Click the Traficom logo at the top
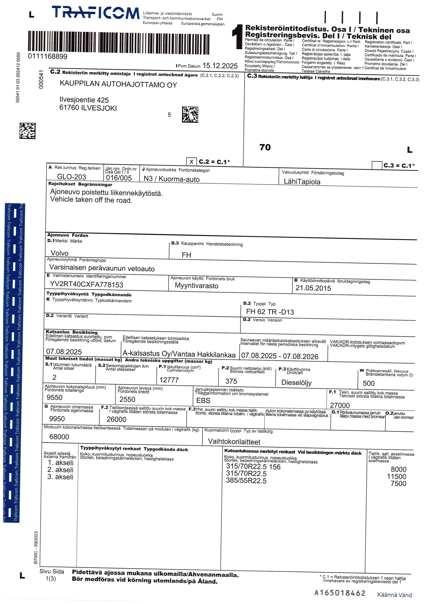pos(95,13)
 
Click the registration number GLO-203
pos(71,177)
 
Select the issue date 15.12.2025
pos(220,66)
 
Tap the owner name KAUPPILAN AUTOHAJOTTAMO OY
pos(118,84)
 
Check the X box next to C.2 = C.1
pos(191,162)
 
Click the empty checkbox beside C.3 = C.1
pos(377,165)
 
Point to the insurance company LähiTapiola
pos(302,182)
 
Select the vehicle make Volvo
pos(59,253)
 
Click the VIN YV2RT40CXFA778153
pos(87,285)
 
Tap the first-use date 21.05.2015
pos(313,288)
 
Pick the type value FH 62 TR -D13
pos(270,312)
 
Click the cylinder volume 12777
pos(169,380)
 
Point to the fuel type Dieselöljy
pos(296,382)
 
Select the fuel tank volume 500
pos(368,384)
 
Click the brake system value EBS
pos(203,401)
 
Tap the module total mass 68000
pos(59,437)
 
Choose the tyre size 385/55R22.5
pos(246,481)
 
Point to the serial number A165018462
pos(340,593)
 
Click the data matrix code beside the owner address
pos(190,114)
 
